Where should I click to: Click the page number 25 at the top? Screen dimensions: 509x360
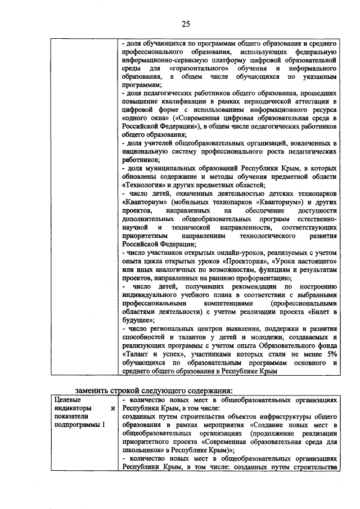[186, 23]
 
